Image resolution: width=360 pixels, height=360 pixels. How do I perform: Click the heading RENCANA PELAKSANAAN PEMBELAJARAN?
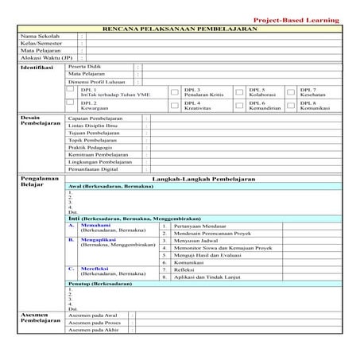tap(180, 28)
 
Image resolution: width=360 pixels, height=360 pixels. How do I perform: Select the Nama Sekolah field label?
tap(41, 37)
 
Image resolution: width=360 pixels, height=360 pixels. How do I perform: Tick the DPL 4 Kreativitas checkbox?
tap(174, 106)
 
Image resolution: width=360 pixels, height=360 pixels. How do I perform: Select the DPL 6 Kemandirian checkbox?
tap(240, 106)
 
